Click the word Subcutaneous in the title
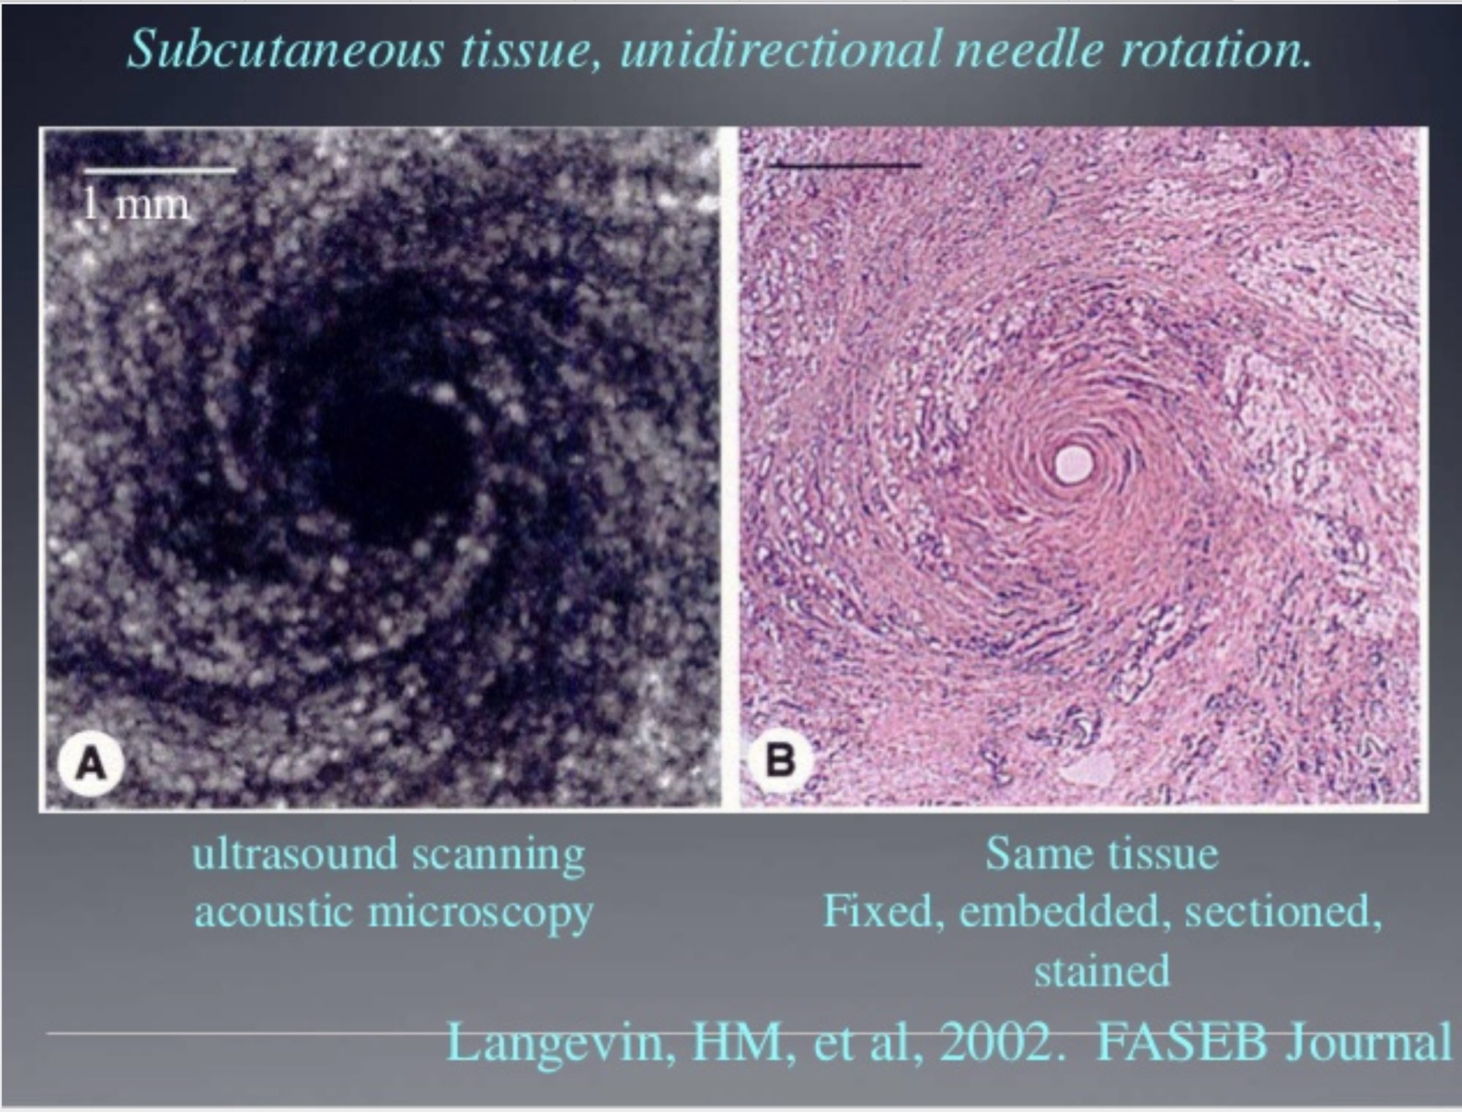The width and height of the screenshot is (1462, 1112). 285,50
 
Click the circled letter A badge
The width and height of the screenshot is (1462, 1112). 91,765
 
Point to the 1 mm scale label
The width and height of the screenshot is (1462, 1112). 135,204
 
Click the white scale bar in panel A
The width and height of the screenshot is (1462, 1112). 159,171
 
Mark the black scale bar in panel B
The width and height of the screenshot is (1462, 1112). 845,165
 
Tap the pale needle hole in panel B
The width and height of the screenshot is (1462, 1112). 1073,462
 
